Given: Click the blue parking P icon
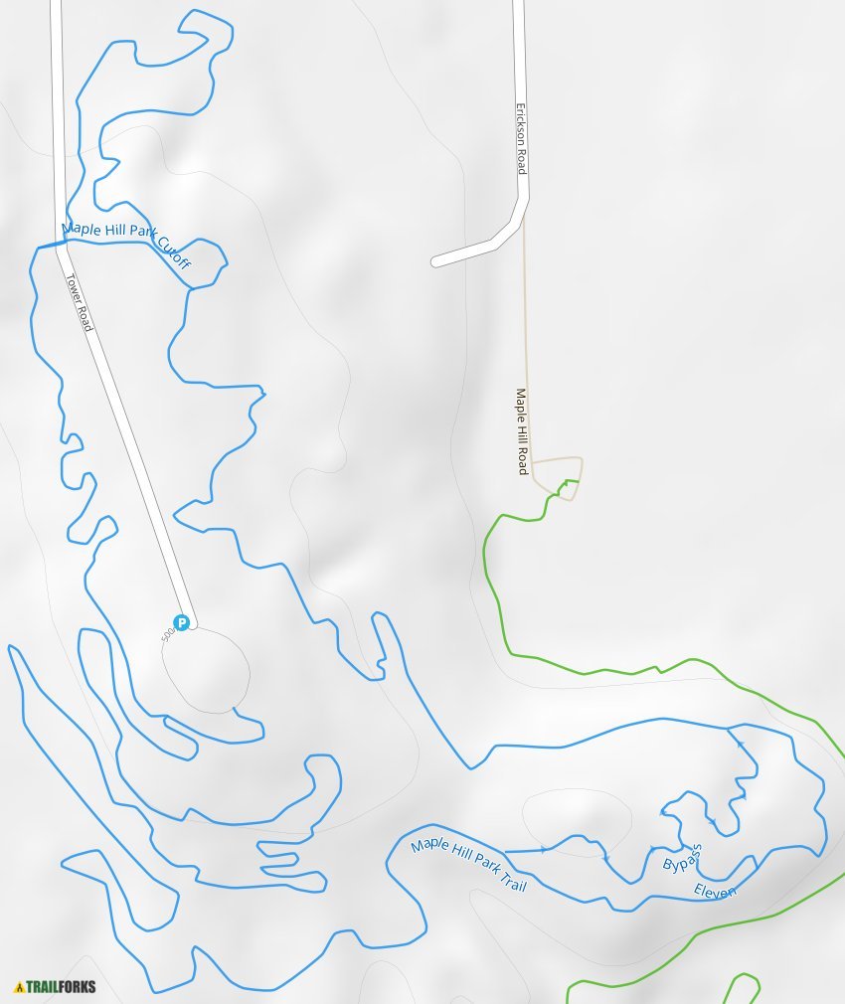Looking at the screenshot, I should click(x=181, y=623).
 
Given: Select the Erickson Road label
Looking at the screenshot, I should click(x=520, y=140).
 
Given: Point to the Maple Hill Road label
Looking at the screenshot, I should click(x=522, y=430).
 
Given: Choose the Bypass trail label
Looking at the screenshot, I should click(x=683, y=858).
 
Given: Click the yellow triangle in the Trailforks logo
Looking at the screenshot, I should click(x=19, y=987).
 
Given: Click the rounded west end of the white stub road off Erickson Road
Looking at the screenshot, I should click(x=436, y=262).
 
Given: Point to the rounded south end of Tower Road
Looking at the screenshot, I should click(x=191, y=623).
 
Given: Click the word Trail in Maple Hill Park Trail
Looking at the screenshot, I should click(x=508, y=880).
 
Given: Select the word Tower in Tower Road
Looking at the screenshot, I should click(x=72, y=288).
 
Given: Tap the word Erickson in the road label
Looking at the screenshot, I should click(x=519, y=129).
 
